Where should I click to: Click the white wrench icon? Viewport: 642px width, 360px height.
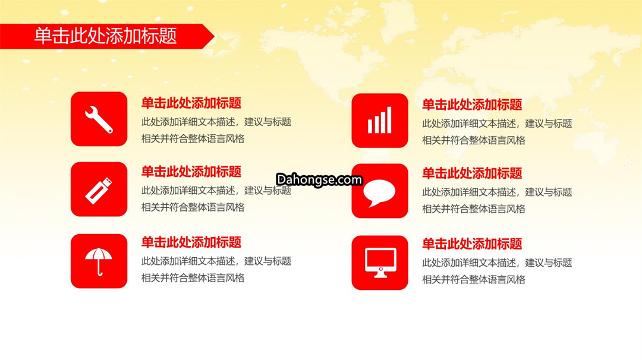pyautogui.click(x=99, y=119)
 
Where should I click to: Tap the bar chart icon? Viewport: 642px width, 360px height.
pyautogui.click(x=379, y=120)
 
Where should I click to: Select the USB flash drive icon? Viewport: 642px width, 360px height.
pyautogui.click(x=99, y=190)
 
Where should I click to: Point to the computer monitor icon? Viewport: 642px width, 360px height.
pyautogui.click(x=380, y=263)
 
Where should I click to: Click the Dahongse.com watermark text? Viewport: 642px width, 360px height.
pyautogui.click(x=319, y=179)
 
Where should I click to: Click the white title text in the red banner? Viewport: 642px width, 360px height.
pyautogui.click(x=105, y=36)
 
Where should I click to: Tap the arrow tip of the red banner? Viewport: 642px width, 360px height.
pyautogui.click(x=214, y=36)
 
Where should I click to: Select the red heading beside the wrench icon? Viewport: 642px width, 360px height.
pyautogui.click(x=191, y=103)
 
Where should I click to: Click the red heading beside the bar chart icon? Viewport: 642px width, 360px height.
pyautogui.click(x=472, y=105)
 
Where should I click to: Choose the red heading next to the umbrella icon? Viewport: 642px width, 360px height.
pyautogui.click(x=191, y=242)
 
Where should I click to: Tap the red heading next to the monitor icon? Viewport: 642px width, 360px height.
pyautogui.click(x=472, y=244)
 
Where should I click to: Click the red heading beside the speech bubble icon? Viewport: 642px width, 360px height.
pyautogui.click(x=472, y=173)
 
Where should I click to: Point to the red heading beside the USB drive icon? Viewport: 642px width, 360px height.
pyautogui.click(x=191, y=172)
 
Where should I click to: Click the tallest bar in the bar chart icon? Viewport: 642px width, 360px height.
pyautogui.click(x=389, y=120)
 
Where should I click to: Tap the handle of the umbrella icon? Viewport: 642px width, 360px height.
pyautogui.click(x=99, y=269)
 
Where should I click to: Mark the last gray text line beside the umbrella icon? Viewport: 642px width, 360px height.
pyautogui.click(x=193, y=278)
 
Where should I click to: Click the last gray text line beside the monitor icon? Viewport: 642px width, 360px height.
pyautogui.click(x=474, y=280)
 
